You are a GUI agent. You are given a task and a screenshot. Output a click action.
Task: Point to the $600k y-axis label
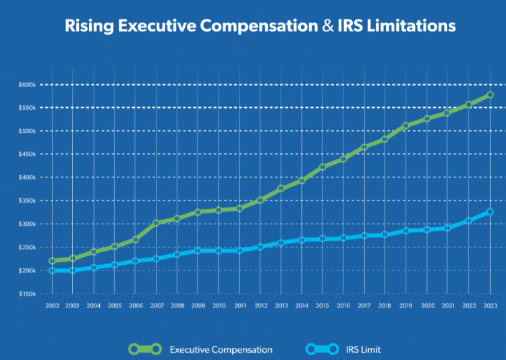click(26, 84)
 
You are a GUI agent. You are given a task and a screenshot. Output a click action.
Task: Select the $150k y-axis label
click(26, 294)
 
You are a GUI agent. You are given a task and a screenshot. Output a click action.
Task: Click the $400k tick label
click(26, 177)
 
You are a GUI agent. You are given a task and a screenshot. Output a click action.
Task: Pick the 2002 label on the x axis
click(52, 305)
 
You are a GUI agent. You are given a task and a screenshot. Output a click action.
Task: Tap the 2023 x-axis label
click(490, 305)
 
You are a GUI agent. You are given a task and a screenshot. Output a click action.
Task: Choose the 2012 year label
click(260, 305)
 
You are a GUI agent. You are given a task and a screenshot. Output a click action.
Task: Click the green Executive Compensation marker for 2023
click(490, 95)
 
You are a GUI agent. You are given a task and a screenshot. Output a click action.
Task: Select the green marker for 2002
click(52, 261)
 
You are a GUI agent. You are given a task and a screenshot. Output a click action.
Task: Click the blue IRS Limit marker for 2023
click(490, 212)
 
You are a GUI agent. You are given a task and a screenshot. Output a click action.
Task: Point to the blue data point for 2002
click(52, 270)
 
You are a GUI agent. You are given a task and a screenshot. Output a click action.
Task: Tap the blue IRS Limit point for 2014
click(302, 239)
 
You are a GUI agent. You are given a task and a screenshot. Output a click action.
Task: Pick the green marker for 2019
click(407, 125)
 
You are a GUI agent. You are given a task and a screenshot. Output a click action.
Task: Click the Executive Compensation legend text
click(221, 349)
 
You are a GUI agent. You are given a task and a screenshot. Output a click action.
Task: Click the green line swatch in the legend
click(145, 349)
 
